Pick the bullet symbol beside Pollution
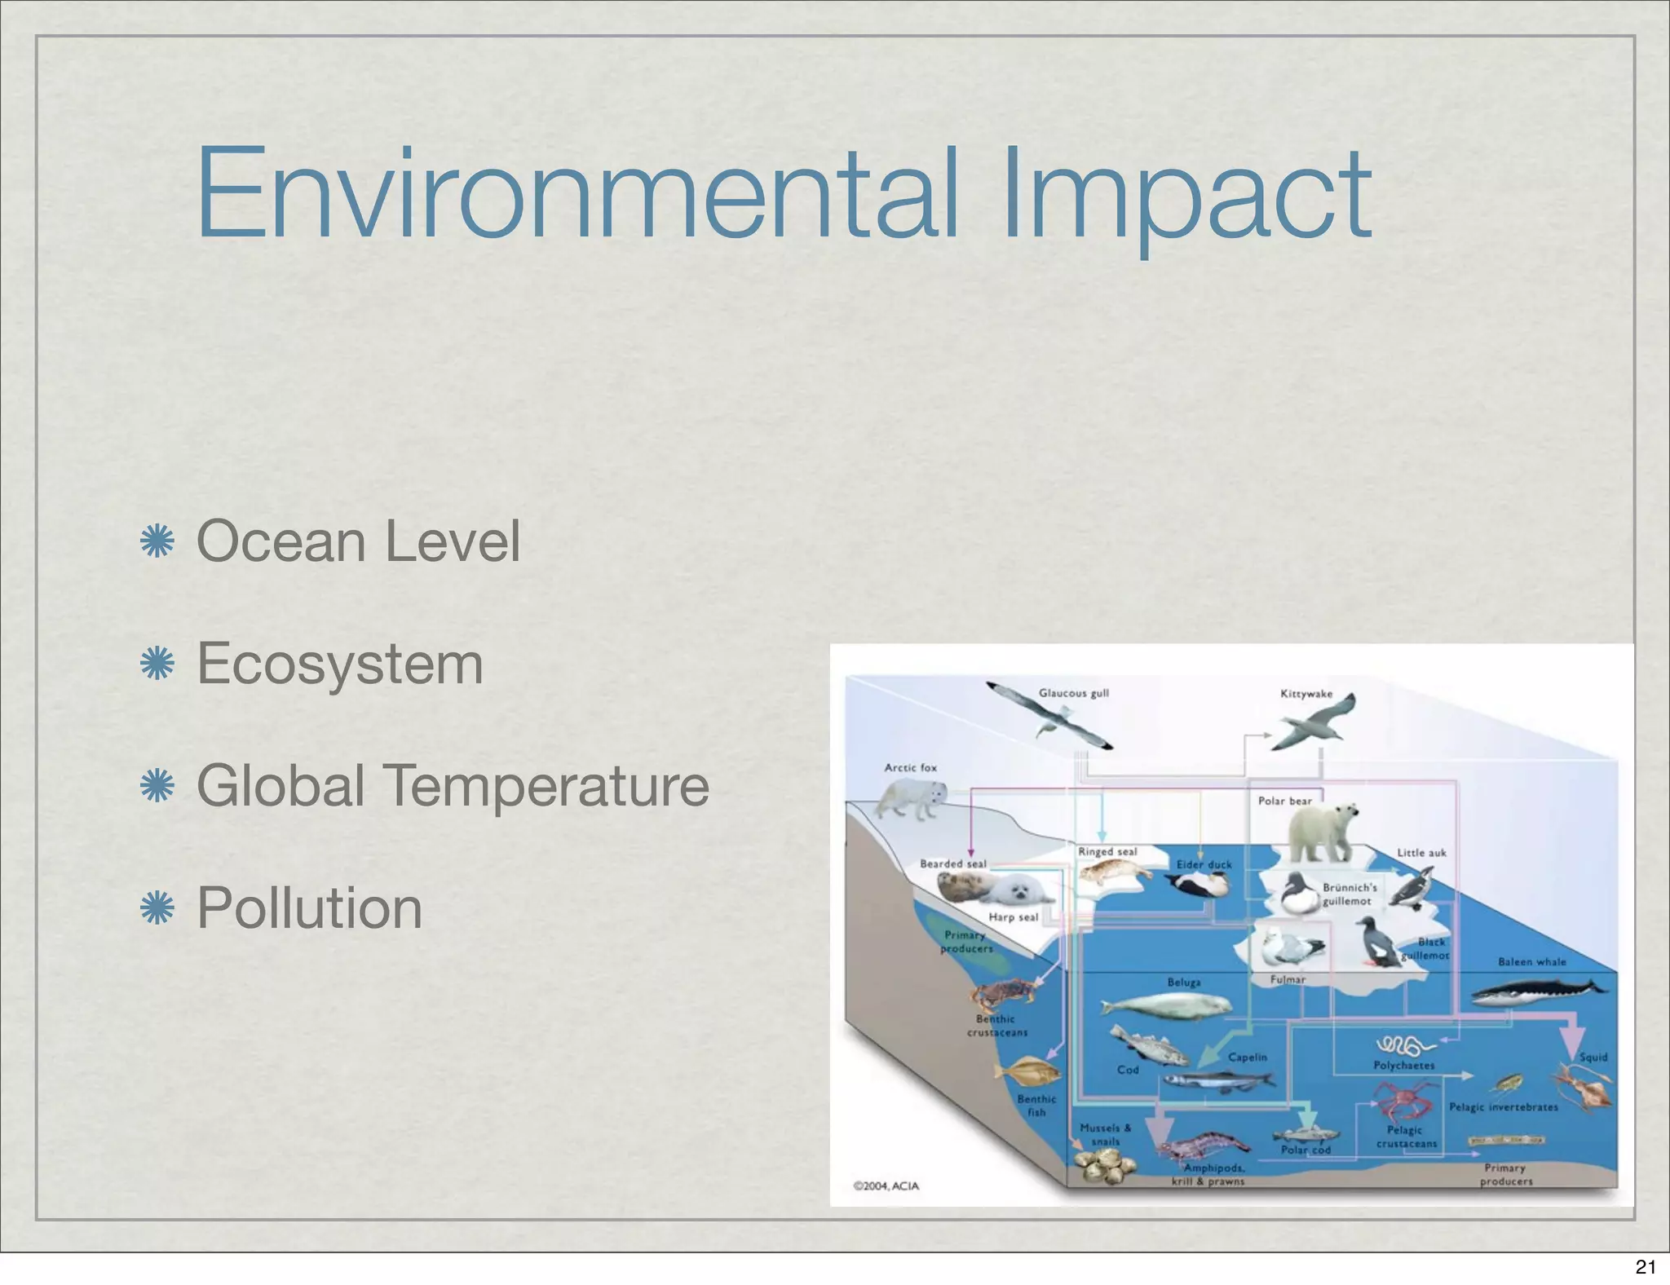pyautogui.click(x=157, y=908)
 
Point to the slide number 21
pyautogui.click(x=1646, y=1266)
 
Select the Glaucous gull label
pyautogui.click(x=1073, y=693)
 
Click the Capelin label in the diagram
pyautogui.click(x=1248, y=1058)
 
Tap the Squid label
pyautogui.click(x=1593, y=1058)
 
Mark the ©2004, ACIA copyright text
pyautogui.click(x=886, y=1186)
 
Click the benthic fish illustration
pyautogui.click(x=1027, y=1071)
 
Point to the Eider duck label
pyautogui.click(x=1204, y=864)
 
